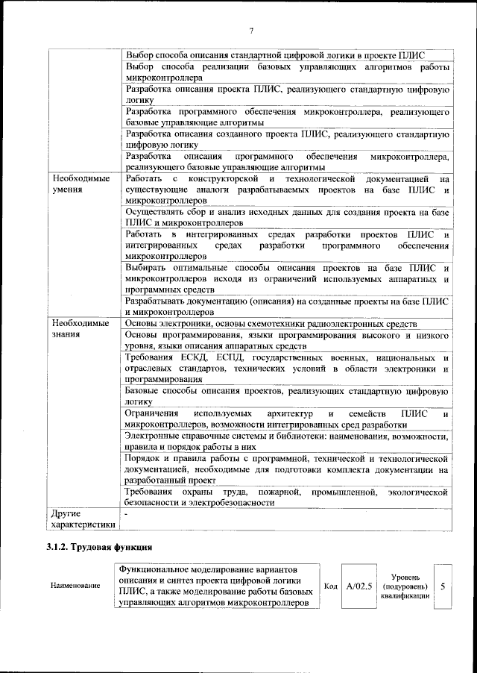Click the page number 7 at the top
pyautogui.click(x=251, y=31)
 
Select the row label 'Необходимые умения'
pyautogui.click(x=80, y=185)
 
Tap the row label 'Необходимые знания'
pyautogui.click(x=80, y=329)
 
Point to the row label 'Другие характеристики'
pyautogui.click(x=80, y=519)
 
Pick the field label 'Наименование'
pyautogui.click(x=75, y=586)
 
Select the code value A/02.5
pyautogui.click(x=359, y=586)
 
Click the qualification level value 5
pyautogui.click(x=443, y=586)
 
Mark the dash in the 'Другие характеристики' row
pyautogui.click(x=127, y=514)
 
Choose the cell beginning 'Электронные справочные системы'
pyautogui.click(x=286, y=440)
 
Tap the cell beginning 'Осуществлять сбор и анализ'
pyautogui.click(x=286, y=217)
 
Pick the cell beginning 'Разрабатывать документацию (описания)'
pyautogui.click(x=286, y=306)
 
